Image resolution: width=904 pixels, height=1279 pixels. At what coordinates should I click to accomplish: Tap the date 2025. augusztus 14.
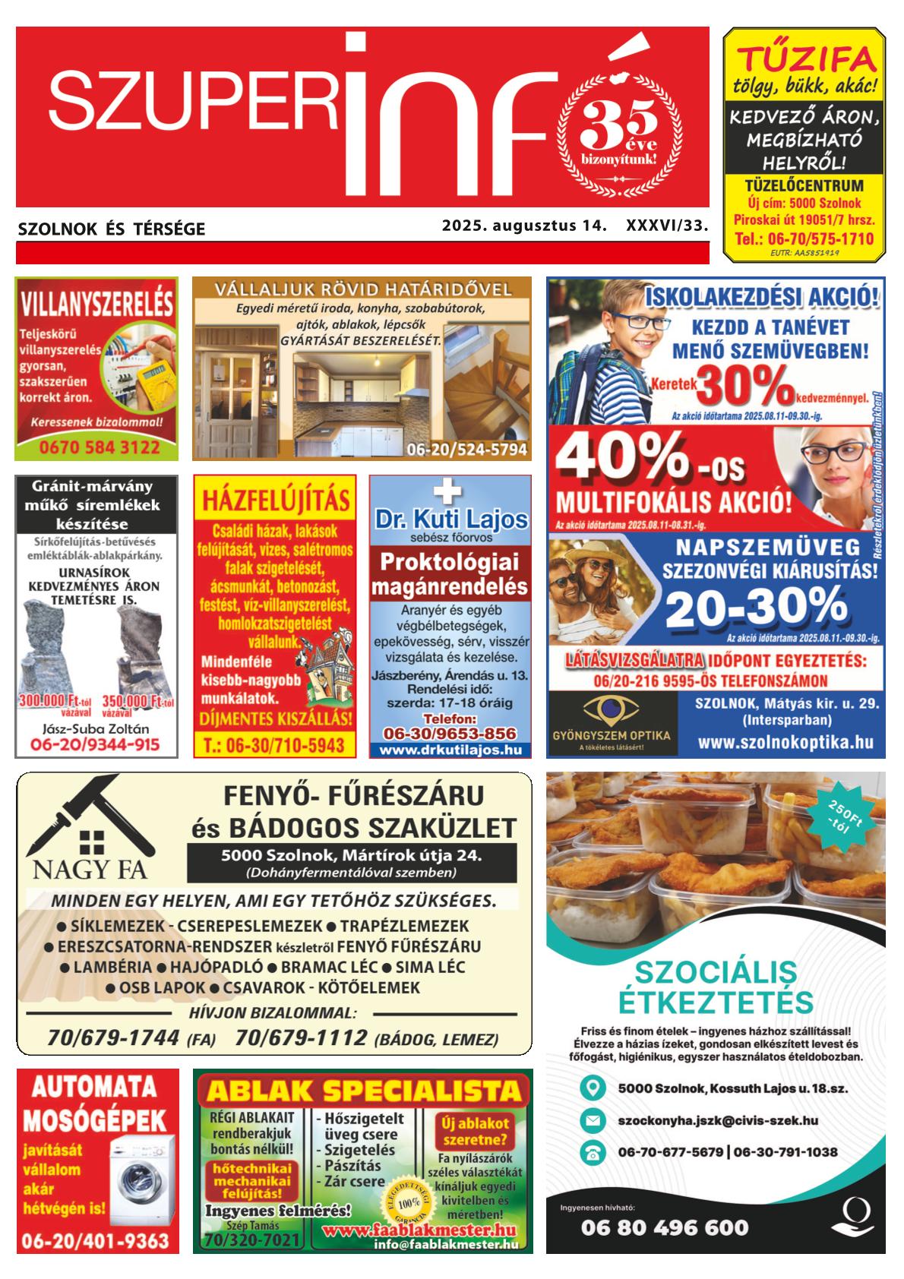coord(525,226)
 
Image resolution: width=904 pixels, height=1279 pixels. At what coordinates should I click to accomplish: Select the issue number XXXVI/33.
coord(666,226)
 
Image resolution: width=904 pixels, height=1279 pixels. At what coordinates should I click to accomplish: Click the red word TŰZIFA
coord(804,59)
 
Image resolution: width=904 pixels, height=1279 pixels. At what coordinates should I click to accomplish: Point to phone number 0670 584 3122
coord(96,447)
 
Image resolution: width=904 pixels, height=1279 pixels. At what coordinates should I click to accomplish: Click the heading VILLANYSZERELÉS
coord(96,305)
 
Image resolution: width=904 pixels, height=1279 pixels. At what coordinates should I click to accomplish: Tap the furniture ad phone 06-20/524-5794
coord(466,449)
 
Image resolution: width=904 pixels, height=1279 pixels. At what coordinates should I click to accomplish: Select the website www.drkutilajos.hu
coord(450,749)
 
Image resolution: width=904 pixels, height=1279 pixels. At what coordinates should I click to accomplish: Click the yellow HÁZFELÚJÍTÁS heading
coord(275,500)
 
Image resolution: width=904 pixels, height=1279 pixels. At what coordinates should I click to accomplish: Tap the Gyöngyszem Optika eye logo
coord(612,711)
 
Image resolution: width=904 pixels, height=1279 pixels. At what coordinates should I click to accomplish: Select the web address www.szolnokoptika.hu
coord(785,742)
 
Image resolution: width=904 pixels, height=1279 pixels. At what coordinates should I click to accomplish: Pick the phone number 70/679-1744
coord(113,1037)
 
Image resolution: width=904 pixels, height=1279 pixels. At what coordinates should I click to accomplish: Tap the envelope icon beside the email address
coord(592,1120)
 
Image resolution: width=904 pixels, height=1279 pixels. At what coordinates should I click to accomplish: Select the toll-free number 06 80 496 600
coord(665,1227)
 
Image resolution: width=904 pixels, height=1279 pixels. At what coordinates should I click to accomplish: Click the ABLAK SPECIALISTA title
coord(363,1091)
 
